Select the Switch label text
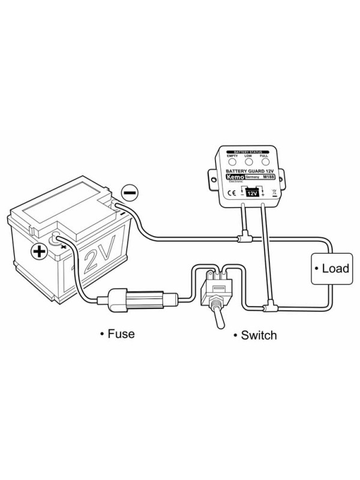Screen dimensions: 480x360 258,334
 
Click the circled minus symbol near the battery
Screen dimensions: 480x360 130,193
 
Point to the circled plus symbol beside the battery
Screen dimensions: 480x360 40,250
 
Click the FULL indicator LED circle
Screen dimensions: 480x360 263,163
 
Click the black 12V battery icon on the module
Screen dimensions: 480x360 252,193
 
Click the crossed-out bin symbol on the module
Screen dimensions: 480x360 274,193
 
